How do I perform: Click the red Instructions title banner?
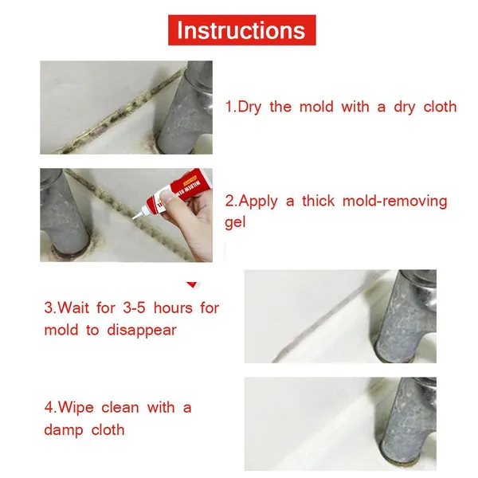[241, 30]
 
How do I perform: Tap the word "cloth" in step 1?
[440, 107]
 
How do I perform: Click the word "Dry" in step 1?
[249, 108]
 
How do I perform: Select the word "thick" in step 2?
[318, 201]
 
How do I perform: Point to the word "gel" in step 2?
[235, 223]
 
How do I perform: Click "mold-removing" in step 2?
[395, 202]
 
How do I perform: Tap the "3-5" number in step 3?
[134, 308]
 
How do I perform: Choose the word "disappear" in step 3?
[142, 331]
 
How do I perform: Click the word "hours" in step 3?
[173, 308]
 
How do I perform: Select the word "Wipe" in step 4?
[76, 408]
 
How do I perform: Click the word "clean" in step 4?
[120, 408]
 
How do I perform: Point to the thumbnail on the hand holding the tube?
[167, 196]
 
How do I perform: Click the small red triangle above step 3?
[192, 284]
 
